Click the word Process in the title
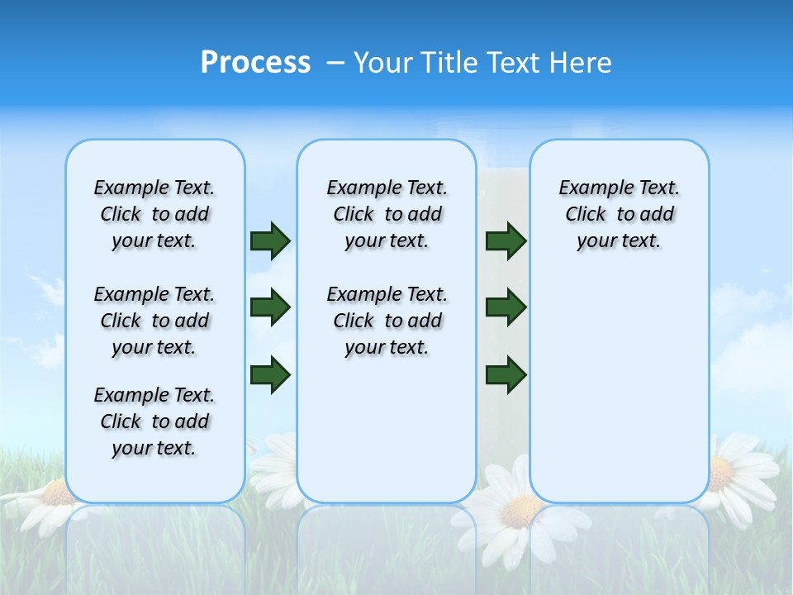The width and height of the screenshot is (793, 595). click(255, 63)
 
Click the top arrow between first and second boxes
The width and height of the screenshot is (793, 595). click(270, 240)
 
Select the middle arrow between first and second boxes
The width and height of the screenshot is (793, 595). click(270, 307)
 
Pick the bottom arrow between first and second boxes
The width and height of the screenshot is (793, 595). click(270, 374)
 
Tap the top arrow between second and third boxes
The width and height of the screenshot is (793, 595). click(506, 240)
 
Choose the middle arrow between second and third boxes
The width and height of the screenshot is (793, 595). click(506, 307)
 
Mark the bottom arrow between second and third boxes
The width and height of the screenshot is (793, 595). click(506, 374)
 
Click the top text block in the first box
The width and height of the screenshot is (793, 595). click(154, 214)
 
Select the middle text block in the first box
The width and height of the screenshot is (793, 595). click(154, 321)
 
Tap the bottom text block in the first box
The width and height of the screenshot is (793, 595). click(154, 421)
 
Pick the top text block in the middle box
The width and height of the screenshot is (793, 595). click(387, 214)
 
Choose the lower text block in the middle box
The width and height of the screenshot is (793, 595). click(387, 321)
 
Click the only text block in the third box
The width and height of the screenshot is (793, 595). click(619, 214)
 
